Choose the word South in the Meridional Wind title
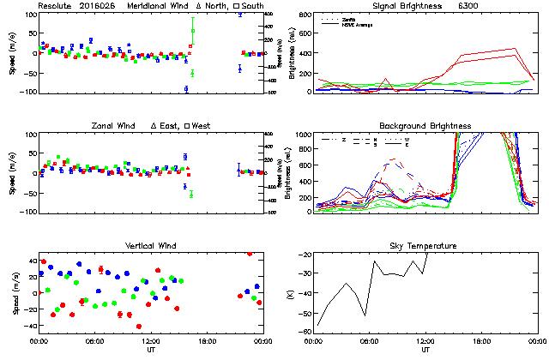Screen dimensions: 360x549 coord(251,6)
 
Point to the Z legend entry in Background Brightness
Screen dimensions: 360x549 coord(343,139)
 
